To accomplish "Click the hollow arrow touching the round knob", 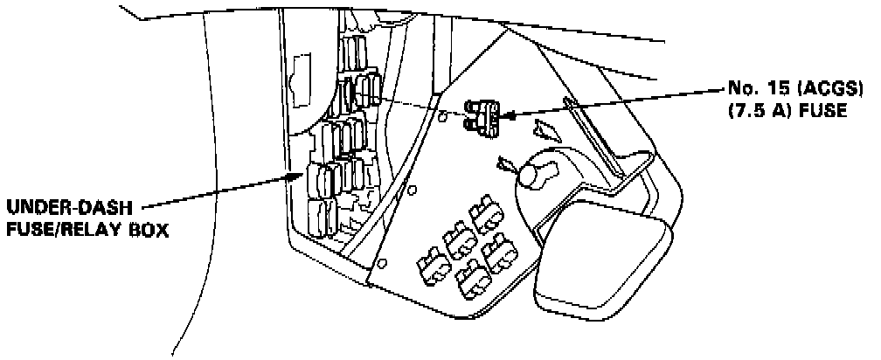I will [x=505, y=163].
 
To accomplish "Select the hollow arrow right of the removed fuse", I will [x=547, y=131].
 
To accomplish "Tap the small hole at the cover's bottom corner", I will [x=383, y=263].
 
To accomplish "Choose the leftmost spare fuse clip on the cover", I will [x=429, y=260].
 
